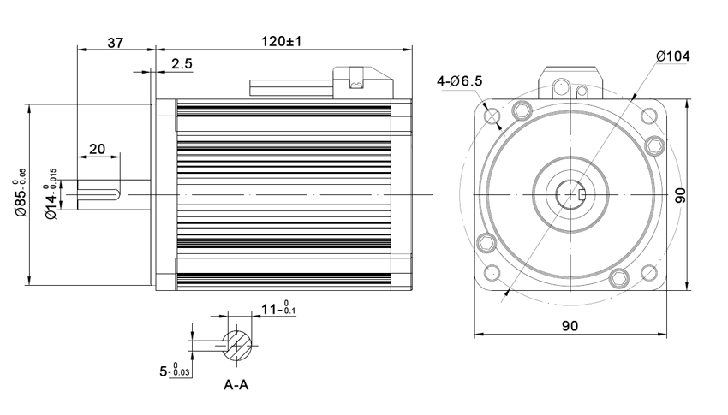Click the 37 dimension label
[116, 41]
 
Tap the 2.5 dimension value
[181, 65]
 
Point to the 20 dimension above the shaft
[98, 148]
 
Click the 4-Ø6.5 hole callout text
[459, 81]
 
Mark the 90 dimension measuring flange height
[682, 196]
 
